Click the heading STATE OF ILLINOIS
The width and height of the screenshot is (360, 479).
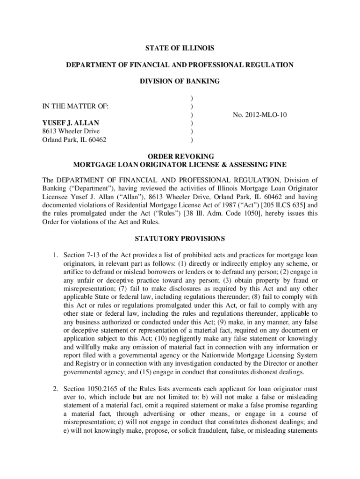180,48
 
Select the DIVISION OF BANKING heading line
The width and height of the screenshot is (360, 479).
180,81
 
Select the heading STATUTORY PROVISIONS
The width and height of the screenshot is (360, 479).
180,239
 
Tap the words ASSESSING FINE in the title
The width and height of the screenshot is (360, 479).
259,165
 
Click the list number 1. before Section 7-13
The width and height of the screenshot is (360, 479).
55,255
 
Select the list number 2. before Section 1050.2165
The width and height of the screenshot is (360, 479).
55,389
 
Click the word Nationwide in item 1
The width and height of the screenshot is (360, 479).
229,356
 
